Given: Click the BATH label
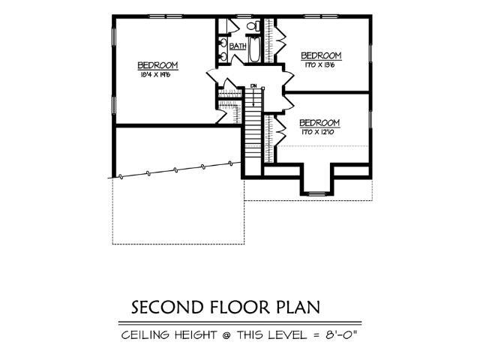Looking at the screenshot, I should (238, 46).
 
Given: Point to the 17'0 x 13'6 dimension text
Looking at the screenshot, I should (320, 65).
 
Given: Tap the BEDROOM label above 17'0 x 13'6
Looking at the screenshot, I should (321, 56).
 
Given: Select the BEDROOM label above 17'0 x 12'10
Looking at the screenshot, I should (319, 123).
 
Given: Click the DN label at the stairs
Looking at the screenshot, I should (254, 85).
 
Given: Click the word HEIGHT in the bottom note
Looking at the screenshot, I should (193, 334).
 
